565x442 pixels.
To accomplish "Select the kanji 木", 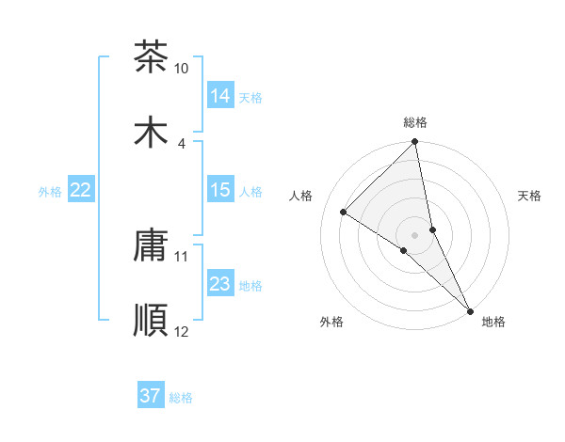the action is pyautogui.click(x=151, y=131).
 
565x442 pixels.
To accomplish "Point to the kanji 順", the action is pyautogui.click(x=151, y=320).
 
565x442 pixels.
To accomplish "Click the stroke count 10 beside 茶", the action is pyautogui.click(x=182, y=69).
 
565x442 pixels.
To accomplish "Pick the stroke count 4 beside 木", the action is pyautogui.click(x=182, y=143).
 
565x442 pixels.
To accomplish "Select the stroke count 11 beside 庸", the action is pyautogui.click(x=182, y=256).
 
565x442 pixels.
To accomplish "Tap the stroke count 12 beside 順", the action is pyautogui.click(x=182, y=331).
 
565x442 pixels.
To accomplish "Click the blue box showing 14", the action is pyautogui.click(x=220, y=95).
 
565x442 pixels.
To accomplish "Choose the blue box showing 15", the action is pyautogui.click(x=220, y=190).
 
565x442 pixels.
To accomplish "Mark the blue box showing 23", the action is pyautogui.click(x=220, y=284).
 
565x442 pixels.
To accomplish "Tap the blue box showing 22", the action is pyautogui.click(x=81, y=190).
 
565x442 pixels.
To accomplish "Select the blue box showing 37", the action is pyautogui.click(x=151, y=396).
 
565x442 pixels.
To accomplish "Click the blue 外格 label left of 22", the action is pyautogui.click(x=50, y=191).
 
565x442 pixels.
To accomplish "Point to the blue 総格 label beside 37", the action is pyautogui.click(x=181, y=398).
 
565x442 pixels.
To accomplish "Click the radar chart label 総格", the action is pyautogui.click(x=415, y=122).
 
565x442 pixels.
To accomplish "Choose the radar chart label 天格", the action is pyautogui.click(x=530, y=196).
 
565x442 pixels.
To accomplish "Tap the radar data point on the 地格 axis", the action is pyautogui.click(x=470, y=310).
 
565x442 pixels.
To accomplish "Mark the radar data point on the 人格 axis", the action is pyautogui.click(x=344, y=212).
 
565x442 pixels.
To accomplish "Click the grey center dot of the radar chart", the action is pyautogui.click(x=415, y=234).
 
